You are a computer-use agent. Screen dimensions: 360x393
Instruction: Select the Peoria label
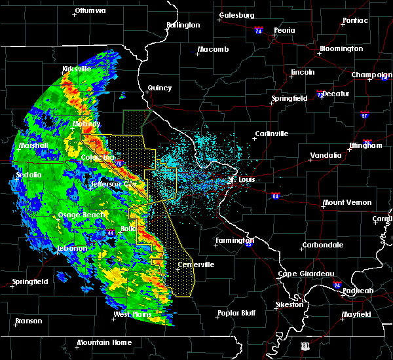coord(284,30)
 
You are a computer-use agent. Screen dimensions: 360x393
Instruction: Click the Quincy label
coord(159,88)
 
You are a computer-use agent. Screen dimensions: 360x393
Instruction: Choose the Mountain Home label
coord(104,342)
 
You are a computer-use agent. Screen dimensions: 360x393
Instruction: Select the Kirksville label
coord(77,69)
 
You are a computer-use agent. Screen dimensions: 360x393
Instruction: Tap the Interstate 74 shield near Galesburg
coord(259,31)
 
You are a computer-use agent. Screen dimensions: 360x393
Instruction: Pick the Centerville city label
coord(196,264)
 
